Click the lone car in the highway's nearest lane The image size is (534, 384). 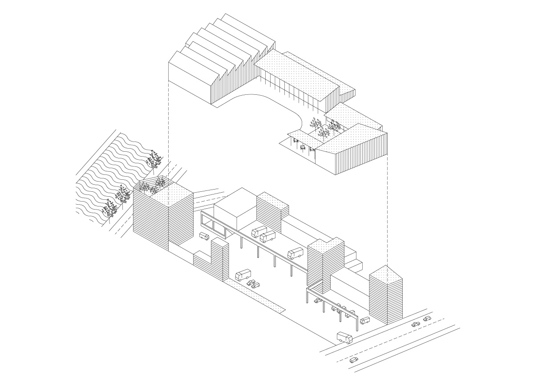click(x=354, y=360)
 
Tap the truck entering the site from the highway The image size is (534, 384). click(x=344, y=338)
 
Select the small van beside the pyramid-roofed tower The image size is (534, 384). click(x=365, y=320)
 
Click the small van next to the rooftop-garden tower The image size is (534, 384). click(x=204, y=236)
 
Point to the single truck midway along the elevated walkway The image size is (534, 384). click(x=295, y=254)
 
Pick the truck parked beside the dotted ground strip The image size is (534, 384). click(x=243, y=275)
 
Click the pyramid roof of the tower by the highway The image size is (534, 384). click(x=386, y=275)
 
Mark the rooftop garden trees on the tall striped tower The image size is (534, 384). click(x=151, y=186)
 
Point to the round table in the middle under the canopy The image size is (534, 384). click(x=303, y=147)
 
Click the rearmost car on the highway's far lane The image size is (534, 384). click(x=427, y=319)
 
